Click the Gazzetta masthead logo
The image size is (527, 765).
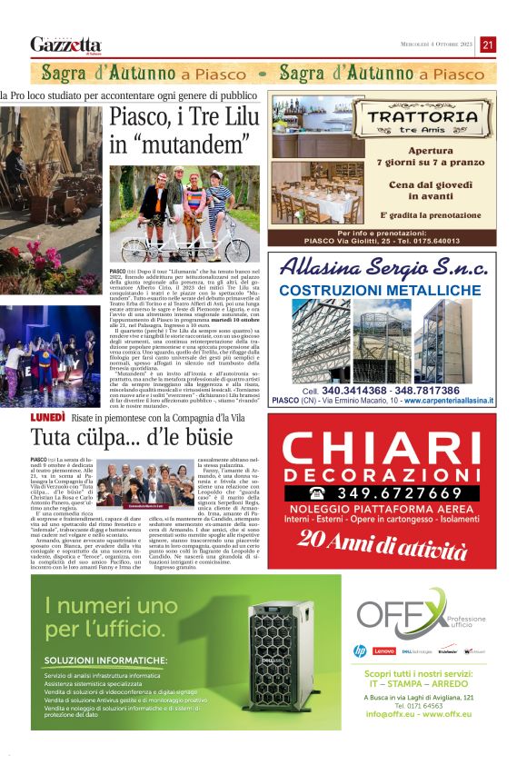tap(65, 45)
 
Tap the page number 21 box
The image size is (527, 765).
tap(488, 45)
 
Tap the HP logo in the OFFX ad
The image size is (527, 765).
tap(360, 651)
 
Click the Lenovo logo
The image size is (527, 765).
tap(384, 651)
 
